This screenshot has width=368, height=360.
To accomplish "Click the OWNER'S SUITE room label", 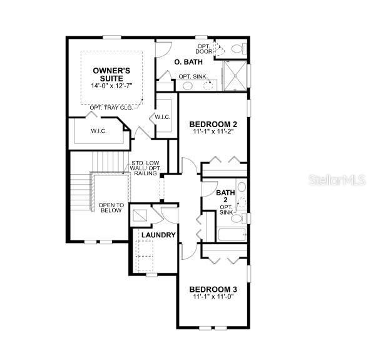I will (111, 73).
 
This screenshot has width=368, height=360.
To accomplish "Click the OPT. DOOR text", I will (203, 49).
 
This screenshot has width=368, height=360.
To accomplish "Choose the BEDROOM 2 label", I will (213, 124).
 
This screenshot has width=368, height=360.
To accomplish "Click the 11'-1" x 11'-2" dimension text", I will (213, 133).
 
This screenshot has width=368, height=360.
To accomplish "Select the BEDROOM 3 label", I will (214, 289).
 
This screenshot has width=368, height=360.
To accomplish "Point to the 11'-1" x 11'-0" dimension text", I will (214, 297).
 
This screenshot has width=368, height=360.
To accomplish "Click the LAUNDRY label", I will (158, 235).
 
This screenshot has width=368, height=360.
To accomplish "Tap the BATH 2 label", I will (225, 197).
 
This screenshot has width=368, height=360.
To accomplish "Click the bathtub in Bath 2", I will (232, 237).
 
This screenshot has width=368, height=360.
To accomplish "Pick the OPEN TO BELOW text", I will (111, 208).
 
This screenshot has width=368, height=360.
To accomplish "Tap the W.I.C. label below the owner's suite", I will (98, 131).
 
